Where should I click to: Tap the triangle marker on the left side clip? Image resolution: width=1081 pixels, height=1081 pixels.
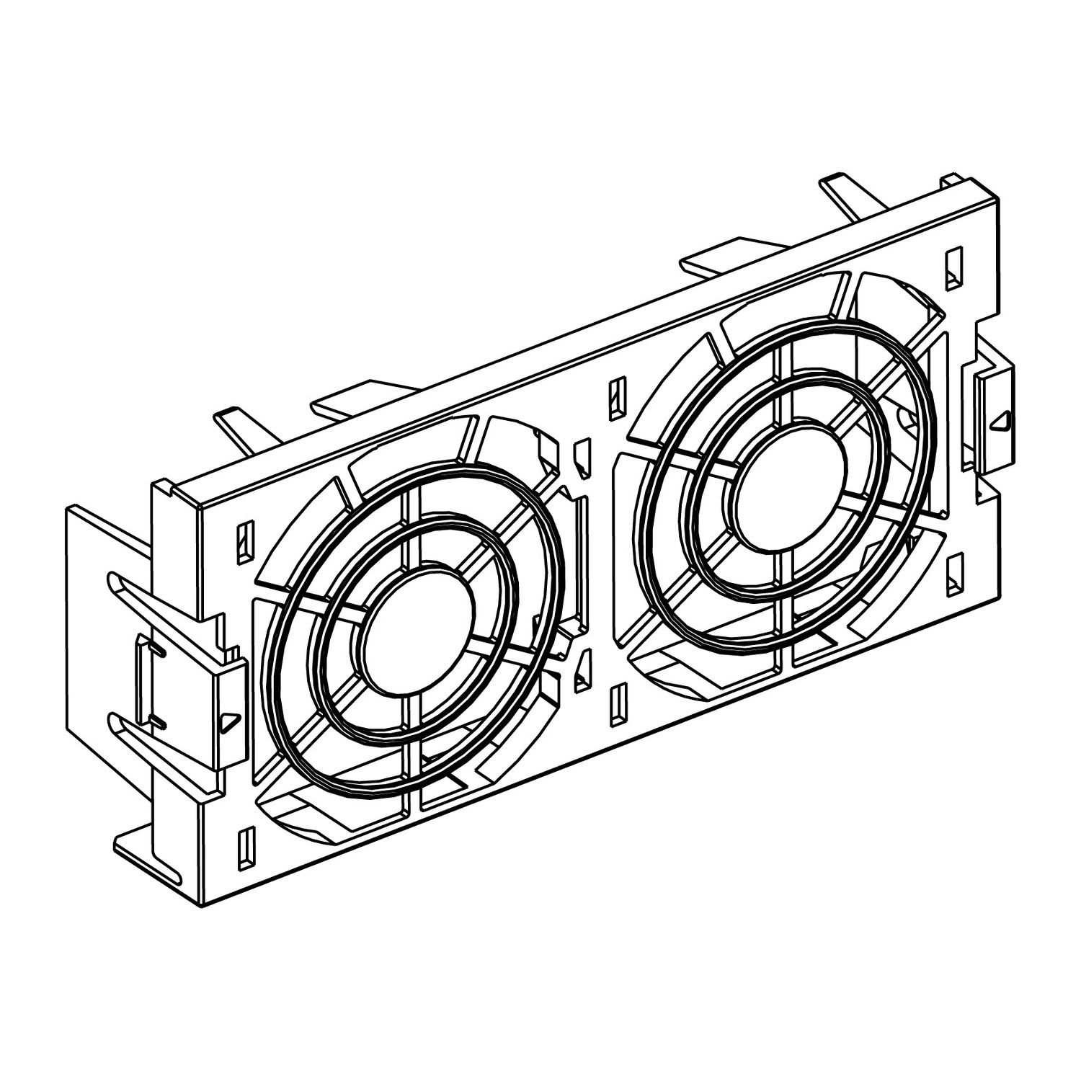pos(229,719)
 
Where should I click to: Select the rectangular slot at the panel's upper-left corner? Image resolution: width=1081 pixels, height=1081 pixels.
pos(245,537)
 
